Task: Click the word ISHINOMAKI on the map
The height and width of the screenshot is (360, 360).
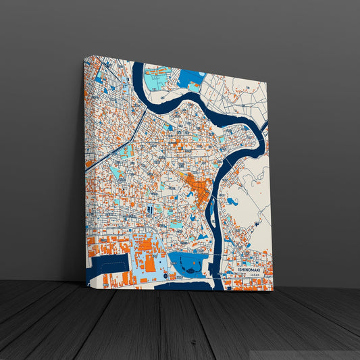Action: coord(249,269)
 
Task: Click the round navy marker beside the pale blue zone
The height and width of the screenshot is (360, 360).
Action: coord(165,275)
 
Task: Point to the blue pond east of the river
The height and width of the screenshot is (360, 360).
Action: coord(232,201)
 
